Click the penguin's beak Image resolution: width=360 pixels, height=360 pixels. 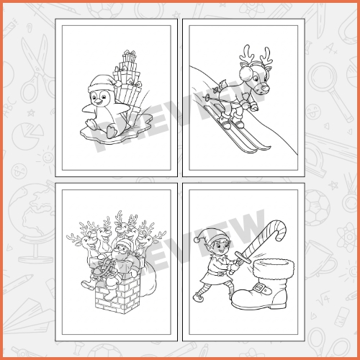(99, 103)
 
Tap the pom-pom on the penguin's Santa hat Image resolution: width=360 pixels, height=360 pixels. (118, 84)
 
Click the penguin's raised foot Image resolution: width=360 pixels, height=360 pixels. (111, 132)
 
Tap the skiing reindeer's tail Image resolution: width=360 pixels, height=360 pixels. (221, 84)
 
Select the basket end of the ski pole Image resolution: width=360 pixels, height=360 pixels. (206, 98)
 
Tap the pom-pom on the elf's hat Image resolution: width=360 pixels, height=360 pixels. (197, 239)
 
